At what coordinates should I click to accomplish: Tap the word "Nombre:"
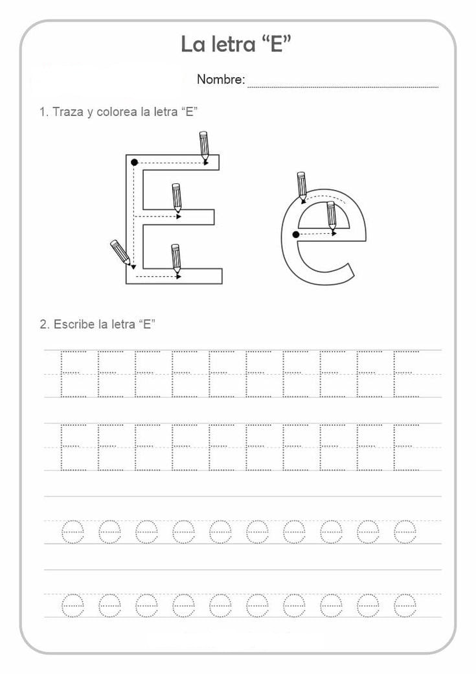221,79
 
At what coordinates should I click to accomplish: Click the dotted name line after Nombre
343,87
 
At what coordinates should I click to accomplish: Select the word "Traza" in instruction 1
68,111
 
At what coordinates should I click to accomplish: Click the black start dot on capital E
135,163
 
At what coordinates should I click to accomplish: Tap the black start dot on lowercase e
295,234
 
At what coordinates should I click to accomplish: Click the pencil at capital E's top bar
205,148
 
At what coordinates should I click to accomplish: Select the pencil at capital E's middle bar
177,198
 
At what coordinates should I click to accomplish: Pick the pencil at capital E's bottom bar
176,259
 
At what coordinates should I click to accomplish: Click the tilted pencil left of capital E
120,253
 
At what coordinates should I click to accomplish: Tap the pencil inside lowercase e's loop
331,216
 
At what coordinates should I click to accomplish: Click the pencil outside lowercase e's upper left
302,187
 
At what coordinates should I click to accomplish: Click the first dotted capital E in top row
73,373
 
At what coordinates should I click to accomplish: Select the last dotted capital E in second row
406,447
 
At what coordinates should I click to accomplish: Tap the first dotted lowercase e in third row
73,532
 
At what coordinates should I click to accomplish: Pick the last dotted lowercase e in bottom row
405,606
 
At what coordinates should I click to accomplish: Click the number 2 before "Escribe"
43,324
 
